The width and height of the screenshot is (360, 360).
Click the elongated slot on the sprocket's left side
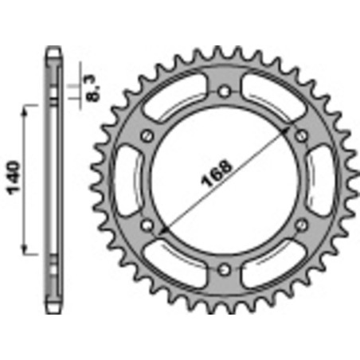click(x=127, y=182)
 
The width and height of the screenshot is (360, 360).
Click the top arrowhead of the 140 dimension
click(x=31, y=108)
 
